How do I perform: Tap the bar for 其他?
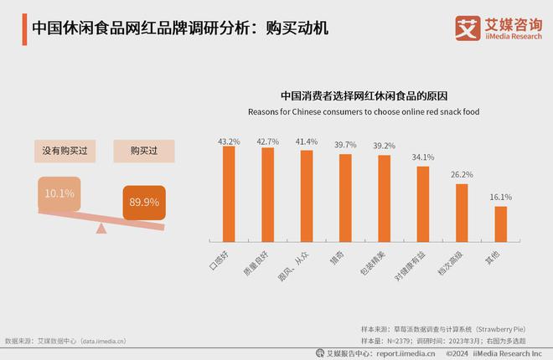[501, 224]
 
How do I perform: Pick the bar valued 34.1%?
[423, 204]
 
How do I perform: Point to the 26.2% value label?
[462, 174]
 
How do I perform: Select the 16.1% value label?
[501, 197]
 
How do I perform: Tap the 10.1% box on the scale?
[59, 193]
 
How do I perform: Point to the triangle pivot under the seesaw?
[101, 228]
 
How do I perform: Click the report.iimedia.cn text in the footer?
[406, 352]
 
